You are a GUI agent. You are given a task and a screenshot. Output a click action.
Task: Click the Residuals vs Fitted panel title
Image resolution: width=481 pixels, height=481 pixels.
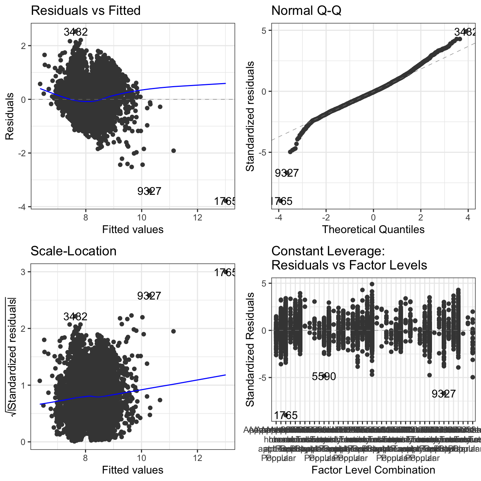point(85,10)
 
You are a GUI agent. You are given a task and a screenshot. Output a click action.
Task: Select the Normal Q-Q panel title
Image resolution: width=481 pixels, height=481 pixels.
point(306,10)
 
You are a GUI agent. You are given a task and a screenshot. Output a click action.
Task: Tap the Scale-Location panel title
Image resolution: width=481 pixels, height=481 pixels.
point(73,251)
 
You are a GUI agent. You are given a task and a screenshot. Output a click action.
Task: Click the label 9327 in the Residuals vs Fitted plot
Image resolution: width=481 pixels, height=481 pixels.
point(149,192)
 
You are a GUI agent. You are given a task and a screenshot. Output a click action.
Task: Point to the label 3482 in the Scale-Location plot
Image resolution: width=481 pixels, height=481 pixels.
point(75,317)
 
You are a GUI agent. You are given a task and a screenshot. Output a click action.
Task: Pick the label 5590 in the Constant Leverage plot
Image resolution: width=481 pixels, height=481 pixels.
point(324,377)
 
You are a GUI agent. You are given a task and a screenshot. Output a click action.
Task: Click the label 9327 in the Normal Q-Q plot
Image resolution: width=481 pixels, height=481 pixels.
point(287,173)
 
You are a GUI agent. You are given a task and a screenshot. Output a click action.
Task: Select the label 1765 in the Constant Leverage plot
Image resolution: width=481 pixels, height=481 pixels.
point(286,416)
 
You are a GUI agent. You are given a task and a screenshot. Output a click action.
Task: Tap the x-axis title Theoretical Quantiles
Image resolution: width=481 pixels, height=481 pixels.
point(373,229)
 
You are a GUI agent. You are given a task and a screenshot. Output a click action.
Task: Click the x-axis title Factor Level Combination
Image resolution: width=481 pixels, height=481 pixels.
point(373,470)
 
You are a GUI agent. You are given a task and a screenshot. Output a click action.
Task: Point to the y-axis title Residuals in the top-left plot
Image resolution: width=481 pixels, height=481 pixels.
point(10,117)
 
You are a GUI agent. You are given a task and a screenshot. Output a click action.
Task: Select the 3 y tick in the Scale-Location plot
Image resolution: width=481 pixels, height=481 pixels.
point(23,272)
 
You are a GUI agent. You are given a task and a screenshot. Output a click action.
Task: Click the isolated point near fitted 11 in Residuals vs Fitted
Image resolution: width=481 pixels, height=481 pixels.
point(173,151)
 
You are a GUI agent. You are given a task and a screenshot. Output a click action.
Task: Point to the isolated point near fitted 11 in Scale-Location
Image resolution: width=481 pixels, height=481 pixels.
point(173,331)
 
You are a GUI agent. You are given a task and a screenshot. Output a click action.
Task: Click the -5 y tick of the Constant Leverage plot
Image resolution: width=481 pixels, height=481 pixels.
point(264,378)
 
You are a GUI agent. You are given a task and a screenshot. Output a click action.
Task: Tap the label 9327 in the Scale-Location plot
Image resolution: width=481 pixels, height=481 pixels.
point(149,296)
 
